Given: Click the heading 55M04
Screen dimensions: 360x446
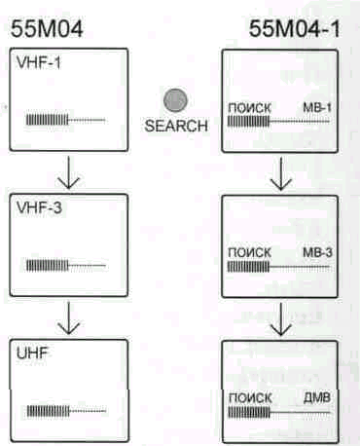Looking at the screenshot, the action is coord(47,28).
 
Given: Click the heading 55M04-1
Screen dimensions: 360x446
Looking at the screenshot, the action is coord(295,28).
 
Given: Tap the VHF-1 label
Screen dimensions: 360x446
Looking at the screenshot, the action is coord(39,63).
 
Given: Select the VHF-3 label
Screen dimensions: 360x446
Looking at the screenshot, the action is coord(39,207).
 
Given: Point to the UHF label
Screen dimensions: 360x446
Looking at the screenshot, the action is coord(32,353).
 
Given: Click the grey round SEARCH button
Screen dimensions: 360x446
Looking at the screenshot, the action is coord(175,100).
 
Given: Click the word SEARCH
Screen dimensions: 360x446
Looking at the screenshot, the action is coord(176,126).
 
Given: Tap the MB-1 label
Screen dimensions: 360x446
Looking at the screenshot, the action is coord(317,108).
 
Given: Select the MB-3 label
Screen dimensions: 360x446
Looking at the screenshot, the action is coord(317,252).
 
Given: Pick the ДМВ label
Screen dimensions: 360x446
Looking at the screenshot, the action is coord(317,397).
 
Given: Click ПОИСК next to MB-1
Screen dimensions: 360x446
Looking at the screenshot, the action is coord(249,108).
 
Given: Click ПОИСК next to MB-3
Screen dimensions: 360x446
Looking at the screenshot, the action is coord(249,252).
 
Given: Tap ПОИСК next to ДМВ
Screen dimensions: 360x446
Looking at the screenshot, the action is coord(250,397).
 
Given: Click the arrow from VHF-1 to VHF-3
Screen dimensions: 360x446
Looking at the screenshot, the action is coord(68,172).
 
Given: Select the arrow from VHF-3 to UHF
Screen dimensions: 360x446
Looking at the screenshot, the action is coord(68,317).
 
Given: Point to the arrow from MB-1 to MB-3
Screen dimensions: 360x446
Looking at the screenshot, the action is coord(281,173).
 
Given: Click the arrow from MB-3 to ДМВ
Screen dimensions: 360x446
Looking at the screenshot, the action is coord(281,319).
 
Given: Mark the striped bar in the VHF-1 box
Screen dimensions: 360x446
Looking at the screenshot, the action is coord(48,120).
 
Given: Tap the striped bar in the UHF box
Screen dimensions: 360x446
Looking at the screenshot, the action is coord(49,411).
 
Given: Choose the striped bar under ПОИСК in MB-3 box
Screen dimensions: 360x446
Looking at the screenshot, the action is coord(248,267).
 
